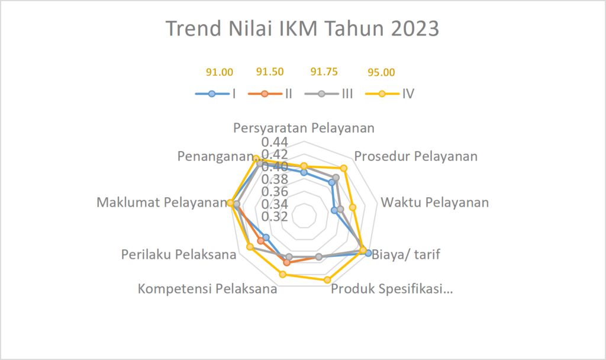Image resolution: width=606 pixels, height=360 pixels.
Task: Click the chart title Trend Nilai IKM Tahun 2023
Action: pos(302,28)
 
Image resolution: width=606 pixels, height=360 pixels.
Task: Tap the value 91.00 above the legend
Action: pos(220,72)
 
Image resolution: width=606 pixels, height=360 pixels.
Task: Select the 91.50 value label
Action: pos(270,72)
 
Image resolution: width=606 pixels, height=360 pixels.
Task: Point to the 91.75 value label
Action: pos(324,72)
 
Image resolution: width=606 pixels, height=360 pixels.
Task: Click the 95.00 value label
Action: pos(381,72)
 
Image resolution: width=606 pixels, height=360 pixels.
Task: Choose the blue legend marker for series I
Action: pos(211,94)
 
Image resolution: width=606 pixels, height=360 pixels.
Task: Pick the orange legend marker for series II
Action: pos(265,94)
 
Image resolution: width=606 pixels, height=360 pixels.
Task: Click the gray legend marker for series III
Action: pos(321,94)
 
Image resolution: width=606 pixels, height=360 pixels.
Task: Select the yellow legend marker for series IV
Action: pos(382,94)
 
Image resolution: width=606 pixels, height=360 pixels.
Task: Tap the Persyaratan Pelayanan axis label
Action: pos(304,128)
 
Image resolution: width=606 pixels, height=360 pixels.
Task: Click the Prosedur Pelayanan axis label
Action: pos(416,156)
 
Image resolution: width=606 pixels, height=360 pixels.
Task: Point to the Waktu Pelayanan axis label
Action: pos(435,202)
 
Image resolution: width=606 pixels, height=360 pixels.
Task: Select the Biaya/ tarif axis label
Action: pos(406,255)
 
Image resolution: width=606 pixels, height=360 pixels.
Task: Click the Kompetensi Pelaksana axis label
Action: pos(208,289)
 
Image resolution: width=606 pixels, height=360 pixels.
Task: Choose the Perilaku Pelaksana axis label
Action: pos(179,255)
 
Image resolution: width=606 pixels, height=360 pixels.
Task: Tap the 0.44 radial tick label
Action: pos(275,142)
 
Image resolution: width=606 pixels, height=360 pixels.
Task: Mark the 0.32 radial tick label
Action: pos(275,217)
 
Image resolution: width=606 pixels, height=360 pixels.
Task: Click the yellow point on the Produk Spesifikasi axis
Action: pos(327,279)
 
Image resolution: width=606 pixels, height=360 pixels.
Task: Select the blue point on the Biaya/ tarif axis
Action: pos(368,253)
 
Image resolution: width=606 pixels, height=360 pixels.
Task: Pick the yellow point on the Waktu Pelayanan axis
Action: pos(353,208)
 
